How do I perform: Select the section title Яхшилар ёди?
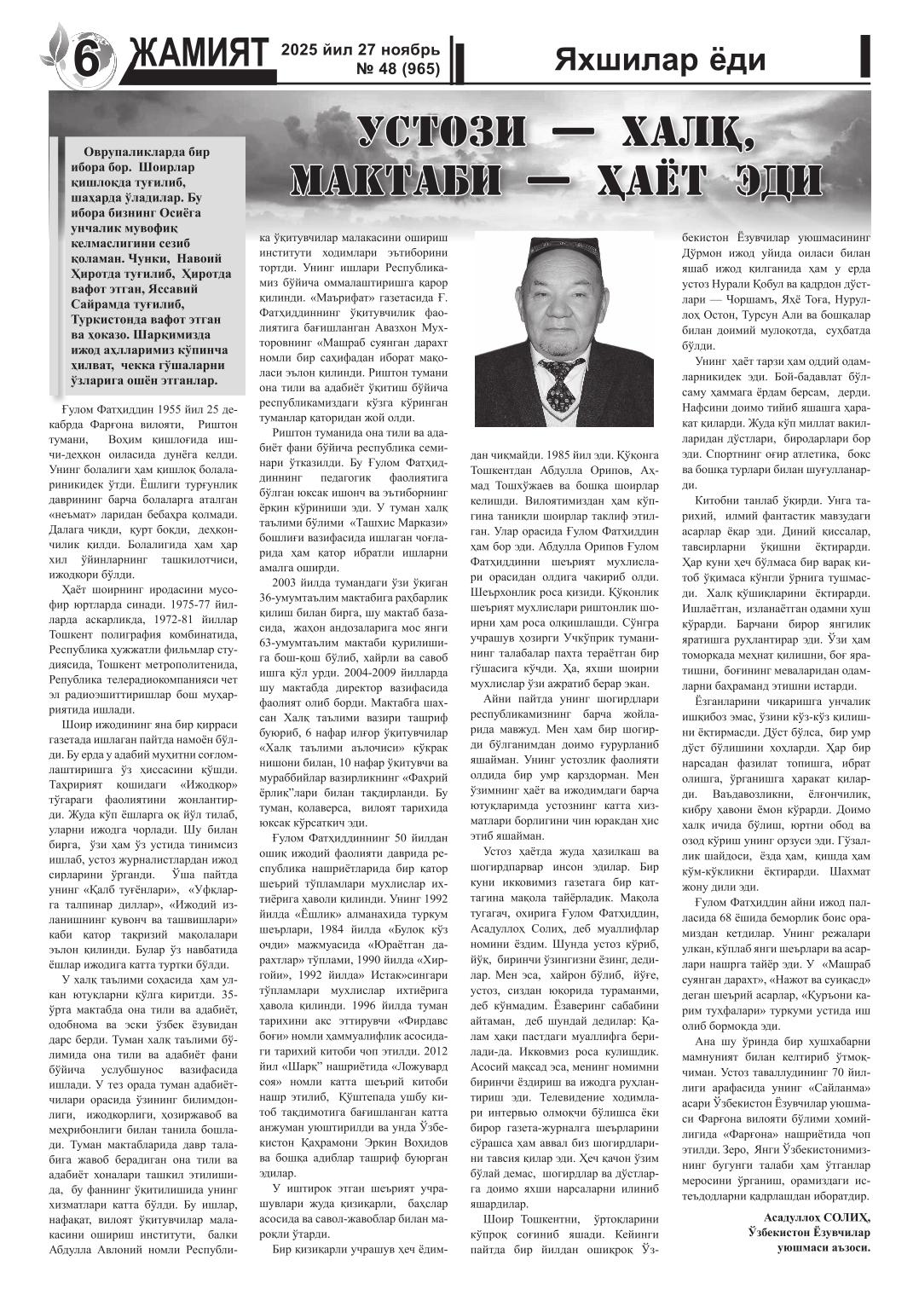(x=660, y=60)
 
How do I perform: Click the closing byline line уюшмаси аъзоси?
(x=824, y=1247)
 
